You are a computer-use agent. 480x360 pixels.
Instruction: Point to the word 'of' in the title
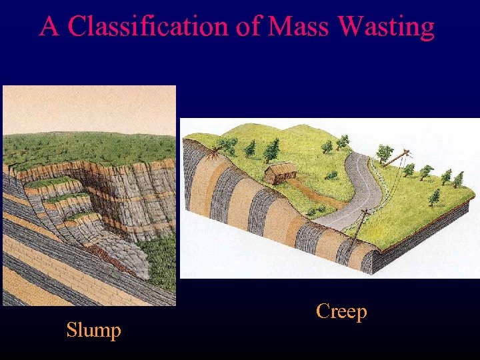point(248,27)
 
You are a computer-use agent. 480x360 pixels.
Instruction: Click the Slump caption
point(93,330)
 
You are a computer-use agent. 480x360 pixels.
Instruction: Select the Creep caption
point(341,311)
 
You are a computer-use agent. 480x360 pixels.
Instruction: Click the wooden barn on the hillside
point(280,173)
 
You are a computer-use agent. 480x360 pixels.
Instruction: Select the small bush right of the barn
point(331,175)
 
